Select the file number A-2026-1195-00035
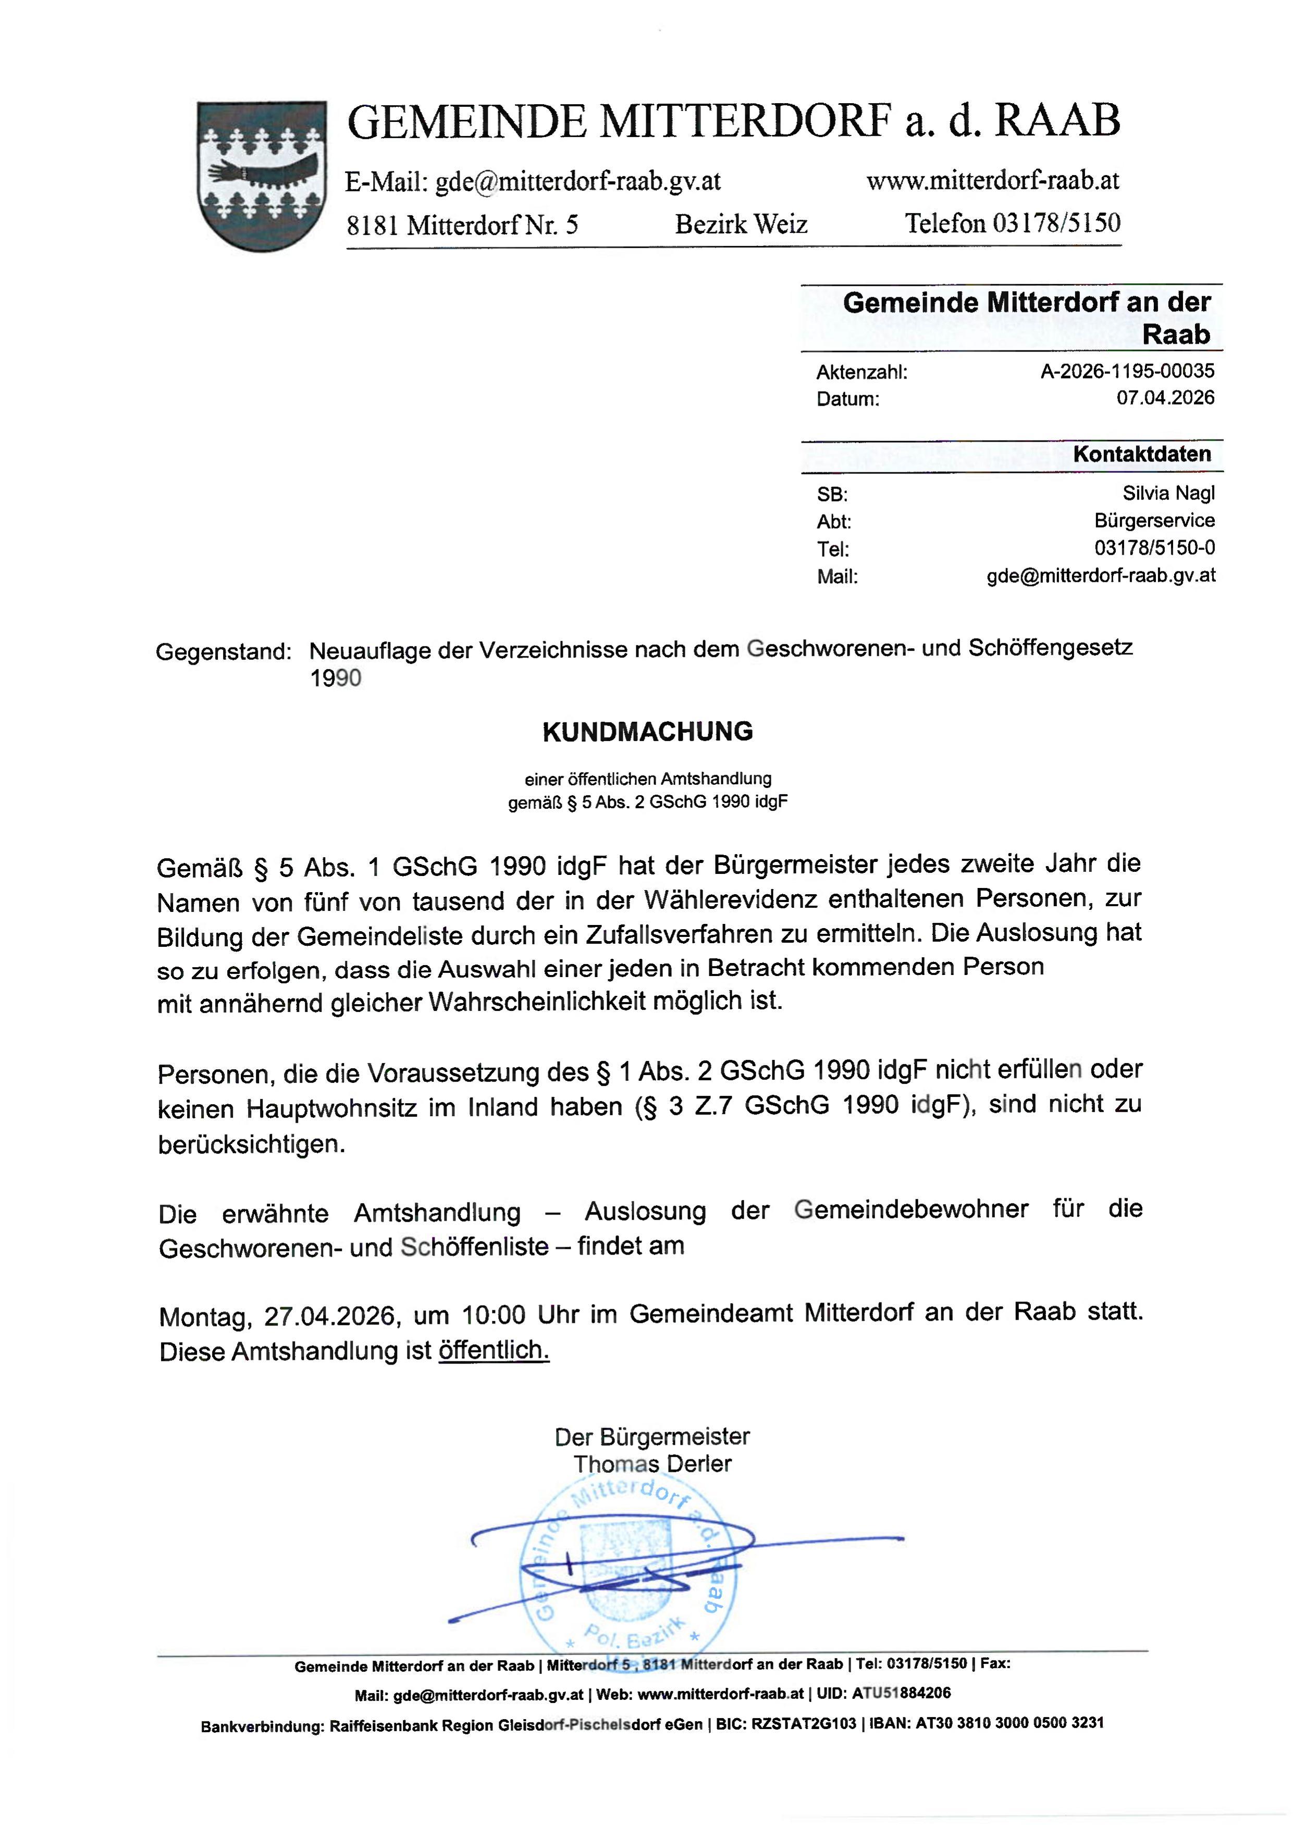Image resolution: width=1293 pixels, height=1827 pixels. pyautogui.click(x=1127, y=371)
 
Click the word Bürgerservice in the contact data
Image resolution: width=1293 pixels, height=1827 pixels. pyautogui.click(x=1154, y=520)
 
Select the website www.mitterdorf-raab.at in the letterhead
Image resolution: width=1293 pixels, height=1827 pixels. pyautogui.click(x=992, y=181)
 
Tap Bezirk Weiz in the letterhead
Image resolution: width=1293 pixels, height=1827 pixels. pyautogui.click(x=741, y=224)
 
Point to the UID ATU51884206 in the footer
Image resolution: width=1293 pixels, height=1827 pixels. pyautogui.click(x=901, y=1693)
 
